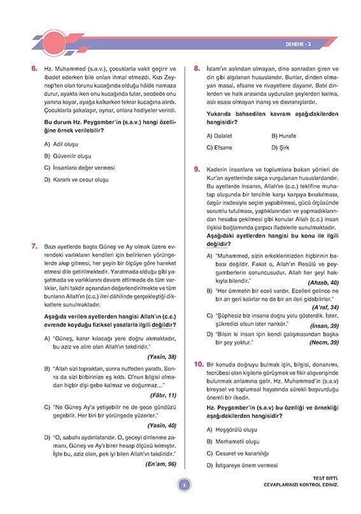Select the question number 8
tap(197, 67)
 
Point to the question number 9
tap(197, 170)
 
